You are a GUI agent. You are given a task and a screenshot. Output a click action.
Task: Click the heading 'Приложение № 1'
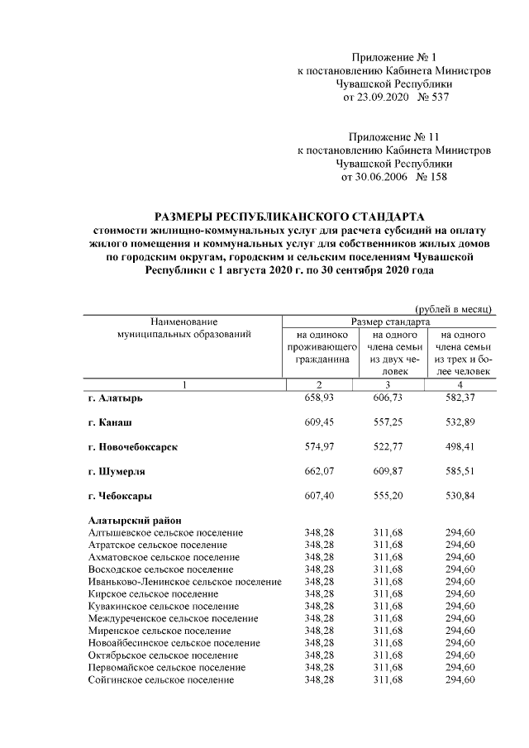[393, 57]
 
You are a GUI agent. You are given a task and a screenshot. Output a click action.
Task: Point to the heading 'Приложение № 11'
[393, 136]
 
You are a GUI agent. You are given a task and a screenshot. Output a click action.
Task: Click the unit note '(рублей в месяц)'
[453, 308]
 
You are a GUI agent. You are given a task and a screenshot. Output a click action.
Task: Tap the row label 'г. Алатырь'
[115, 398]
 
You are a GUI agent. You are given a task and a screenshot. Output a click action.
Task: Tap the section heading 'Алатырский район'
[135, 520]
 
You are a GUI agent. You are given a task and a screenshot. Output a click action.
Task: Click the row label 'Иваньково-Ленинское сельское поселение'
[184, 582]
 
